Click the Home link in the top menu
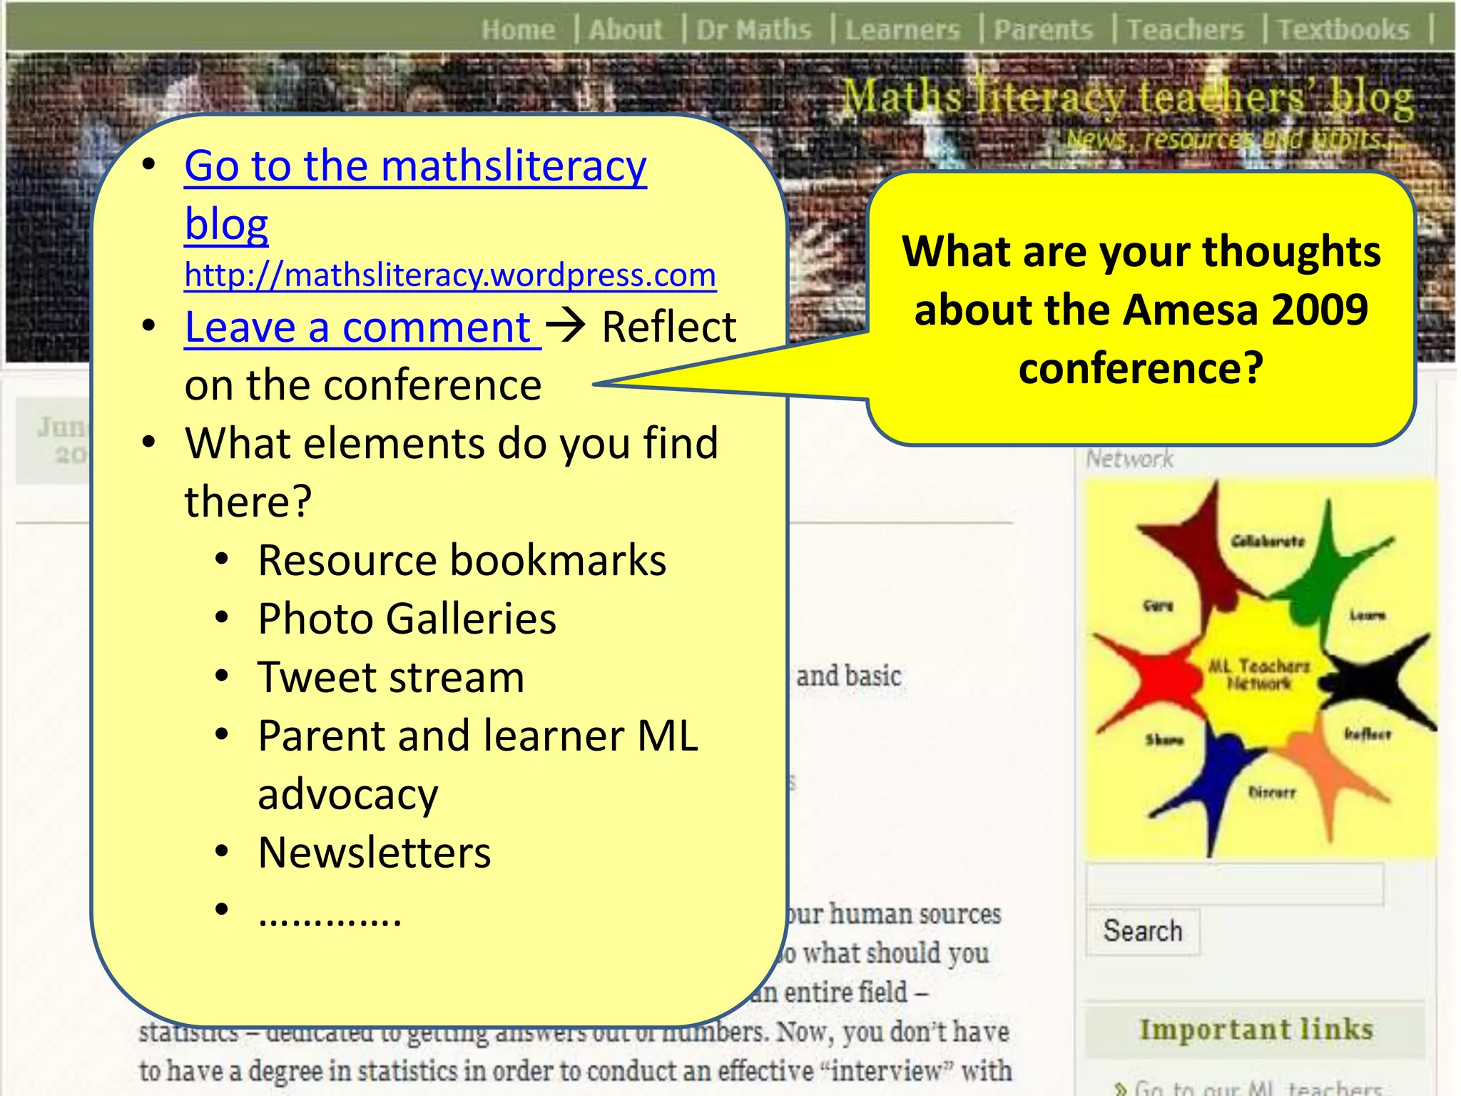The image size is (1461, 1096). (x=518, y=30)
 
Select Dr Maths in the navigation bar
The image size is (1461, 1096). (x=753, y=30)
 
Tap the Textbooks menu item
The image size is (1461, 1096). (x=1343, y=30)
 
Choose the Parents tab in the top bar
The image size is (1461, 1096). (x=1043, y=30)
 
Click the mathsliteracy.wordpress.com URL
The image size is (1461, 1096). (x=450, y=275)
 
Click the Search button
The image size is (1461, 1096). (x=1143, y=931)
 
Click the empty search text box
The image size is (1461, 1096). (x=1234, y=885)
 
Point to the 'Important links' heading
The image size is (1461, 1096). (x=1256, y=1030)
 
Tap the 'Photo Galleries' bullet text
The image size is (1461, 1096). (x=407, y=619)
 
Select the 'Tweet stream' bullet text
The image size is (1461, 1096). (x=391, y=677)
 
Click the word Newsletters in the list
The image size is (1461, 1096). (x=375, y=853)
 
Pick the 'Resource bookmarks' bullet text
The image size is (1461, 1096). (x=462, y=560)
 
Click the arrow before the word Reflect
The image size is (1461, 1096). (x=566, y=326)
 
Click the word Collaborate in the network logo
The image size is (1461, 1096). (x=1268, y=542)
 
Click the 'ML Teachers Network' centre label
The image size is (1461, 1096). (x=1259, y=674)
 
